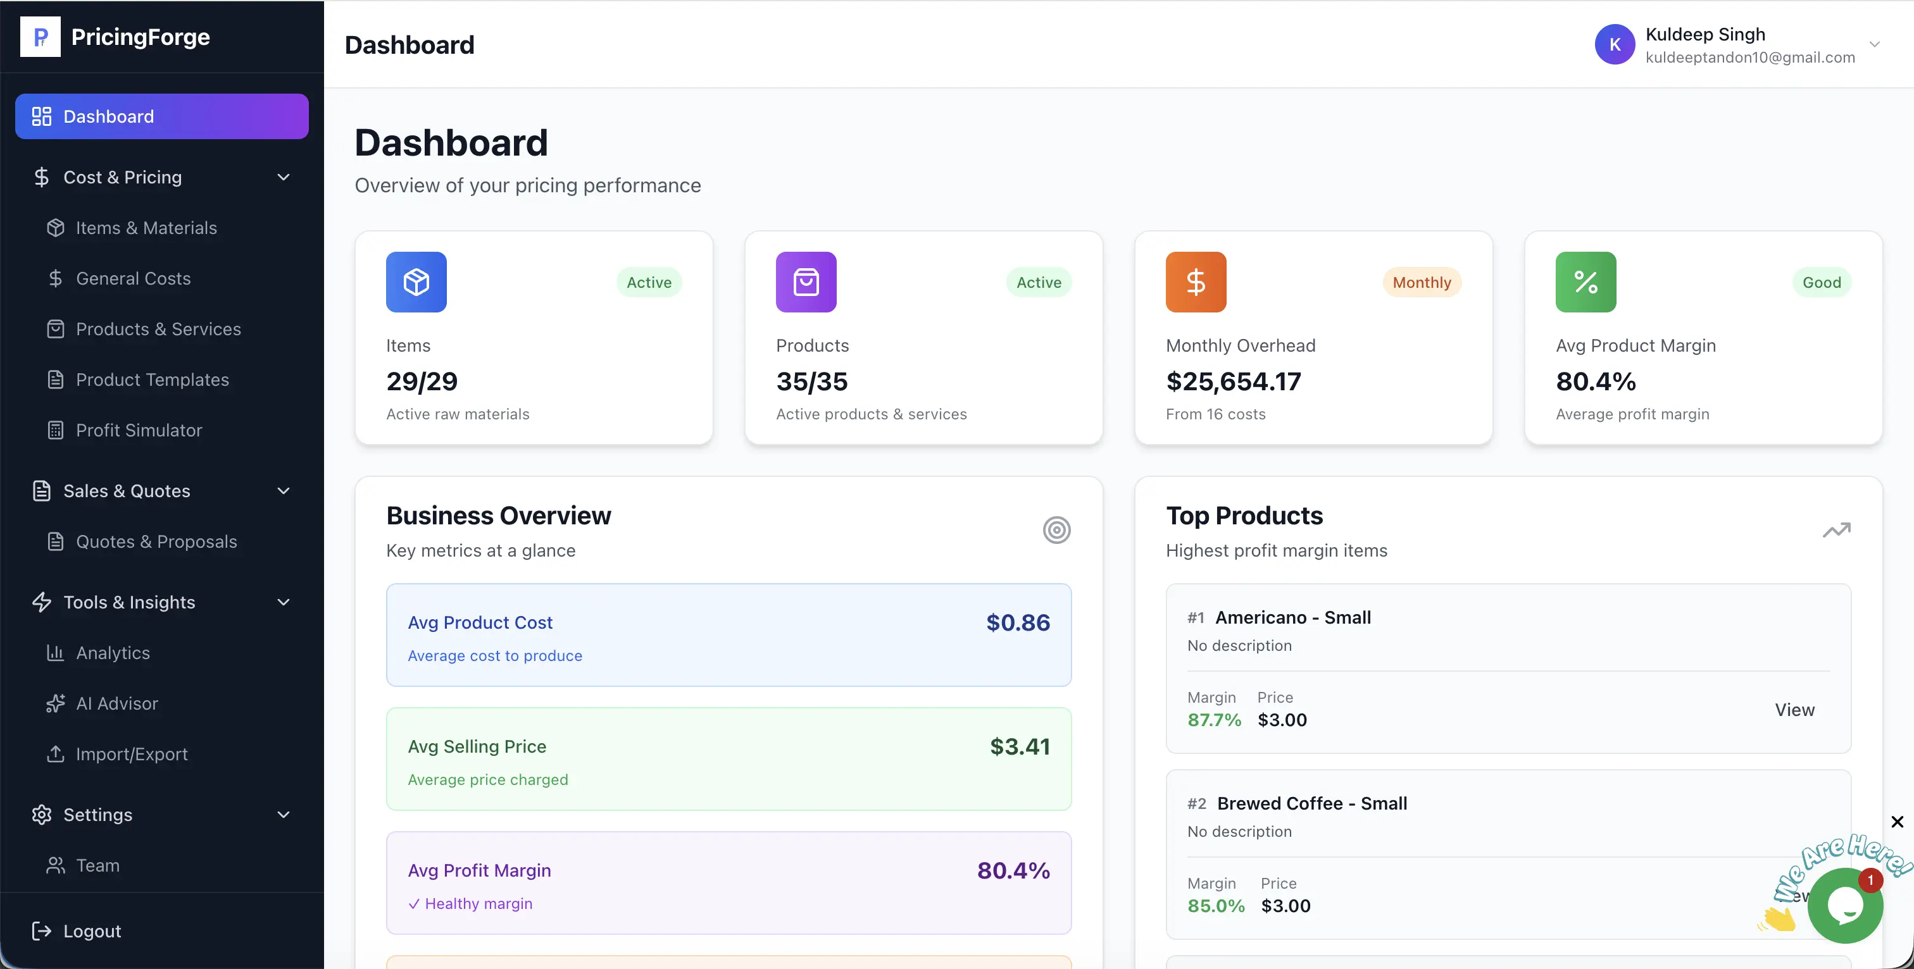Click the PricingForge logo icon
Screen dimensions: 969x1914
pyautogui.click(x=40, y=37)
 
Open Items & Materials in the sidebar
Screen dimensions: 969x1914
pyautogui.click(x=146, y=228)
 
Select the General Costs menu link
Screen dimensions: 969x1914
pyautogui.click(x=133, y=278)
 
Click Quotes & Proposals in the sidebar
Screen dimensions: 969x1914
pyautogui.click(x=156, y=541)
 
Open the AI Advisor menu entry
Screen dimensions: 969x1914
pyautogui.click(x=116, y=703)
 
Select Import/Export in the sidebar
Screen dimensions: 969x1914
pyautogui.click(x=132, y=754)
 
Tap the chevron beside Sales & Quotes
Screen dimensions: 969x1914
pyautogui.click(x=283, y=491)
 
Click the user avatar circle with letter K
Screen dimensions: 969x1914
pyautogui.click(x=1614, y=44)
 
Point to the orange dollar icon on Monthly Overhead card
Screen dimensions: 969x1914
pyautogui.click(x=1196, y=282)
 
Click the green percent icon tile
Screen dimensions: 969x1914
pyautogui.click(x=1586, y=282)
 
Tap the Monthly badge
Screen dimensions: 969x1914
pyautogui.click(x=1421, y=282)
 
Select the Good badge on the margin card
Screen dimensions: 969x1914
pyautogui.click(x=1821, y=282)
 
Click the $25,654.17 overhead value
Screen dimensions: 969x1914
pyautogui.click(x=1234, y=381)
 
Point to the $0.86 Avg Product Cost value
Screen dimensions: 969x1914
pyautogui.click(x=1017, y=622)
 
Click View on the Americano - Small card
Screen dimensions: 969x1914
pyautogui.click(x=1794, y=710)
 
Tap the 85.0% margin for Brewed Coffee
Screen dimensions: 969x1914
pyautogui.click(x=1216, y=906)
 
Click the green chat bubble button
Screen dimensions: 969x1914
pyautogui.click(x=1844, y=905)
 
